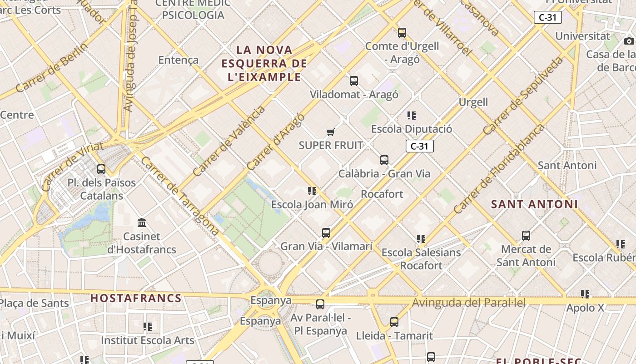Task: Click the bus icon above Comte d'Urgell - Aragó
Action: pyautogui.click(x=402, y=32)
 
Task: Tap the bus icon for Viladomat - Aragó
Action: pyautogui.click(x=354, y=81)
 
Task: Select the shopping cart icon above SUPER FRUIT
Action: pyautogui.click(x=331, y=132)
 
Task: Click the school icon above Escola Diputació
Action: pyautogui.click(x=412, y=116)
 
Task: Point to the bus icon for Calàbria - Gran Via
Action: pyautogui.click(x=384, y=160)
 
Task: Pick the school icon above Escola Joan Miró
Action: pyautogui.click(x=312, y=191)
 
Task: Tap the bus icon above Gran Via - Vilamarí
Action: pyautogui.click(x=326, y=233)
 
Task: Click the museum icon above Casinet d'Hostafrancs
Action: pyautogui.click(x=142, y=223)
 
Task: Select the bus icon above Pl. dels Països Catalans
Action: pyautogui.click(x=101, y=169)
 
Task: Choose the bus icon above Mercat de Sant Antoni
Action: pyautogui.click(x=526, y=236)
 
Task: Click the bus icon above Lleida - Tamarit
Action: pyautogui.click(x=394, y=322)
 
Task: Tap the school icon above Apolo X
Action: pyautogui.click(x=585, y=294)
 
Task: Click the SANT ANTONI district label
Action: pyautogui.click(x=534, y=204)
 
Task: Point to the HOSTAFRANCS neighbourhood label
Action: pyautogui.click(x=136, y=298)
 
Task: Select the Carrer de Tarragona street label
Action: pyautogui.click(x=180, y=196)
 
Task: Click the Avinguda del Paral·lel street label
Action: pyautogui.click(x=469, y=303)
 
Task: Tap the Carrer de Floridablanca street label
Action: pyautogui.click(x=498, y=169)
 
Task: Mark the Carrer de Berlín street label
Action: pyautogui.click(x=51, y=68)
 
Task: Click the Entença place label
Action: pyautogui.click(x=179, y=60)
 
